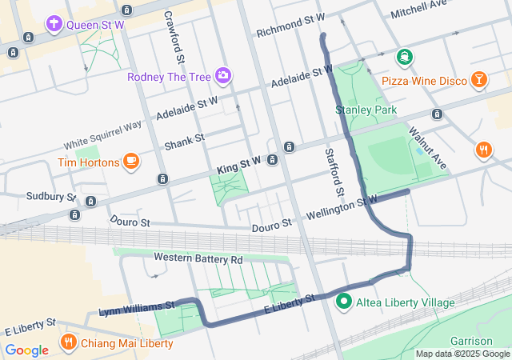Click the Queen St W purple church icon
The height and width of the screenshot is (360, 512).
[x=54, y=24]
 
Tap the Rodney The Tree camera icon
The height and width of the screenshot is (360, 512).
[x=222, y=76]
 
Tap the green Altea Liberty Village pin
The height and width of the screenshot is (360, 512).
[x=344, y=302]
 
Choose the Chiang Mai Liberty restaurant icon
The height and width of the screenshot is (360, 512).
[x=69, y=343]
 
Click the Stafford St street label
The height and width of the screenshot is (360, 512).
[x=334, y=173]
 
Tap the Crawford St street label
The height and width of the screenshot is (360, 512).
[x=174, y=38]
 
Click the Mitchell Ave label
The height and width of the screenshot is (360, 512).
[x=418, y=10]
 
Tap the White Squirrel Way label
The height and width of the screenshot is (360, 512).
[x=103, y=134]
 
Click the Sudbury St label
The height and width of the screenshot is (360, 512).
[x=50, y=196]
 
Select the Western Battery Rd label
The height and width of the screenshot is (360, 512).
[x=198, y=259]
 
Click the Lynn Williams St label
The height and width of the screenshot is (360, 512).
[x=136, y=306]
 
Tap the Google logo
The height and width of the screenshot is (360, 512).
[x=27, y=350]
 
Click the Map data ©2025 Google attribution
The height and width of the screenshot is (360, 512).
[x=462, y=354]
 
